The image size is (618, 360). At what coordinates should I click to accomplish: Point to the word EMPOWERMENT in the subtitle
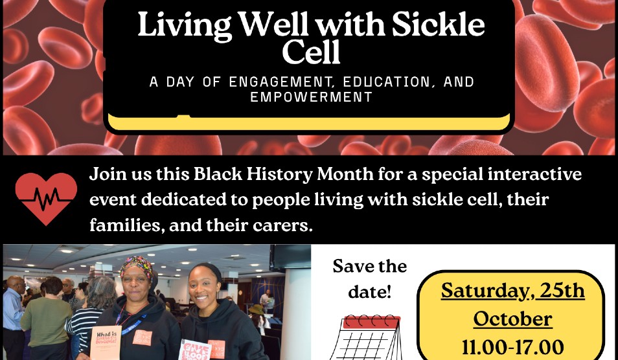point(312,97)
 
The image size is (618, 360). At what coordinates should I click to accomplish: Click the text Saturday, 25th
point(512,291)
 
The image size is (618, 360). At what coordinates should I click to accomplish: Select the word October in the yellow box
point(512,319)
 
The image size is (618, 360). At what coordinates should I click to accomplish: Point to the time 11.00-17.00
point(512,347)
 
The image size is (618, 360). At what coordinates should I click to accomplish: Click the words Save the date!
point(369,279)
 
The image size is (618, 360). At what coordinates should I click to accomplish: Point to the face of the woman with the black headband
point(202,284)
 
